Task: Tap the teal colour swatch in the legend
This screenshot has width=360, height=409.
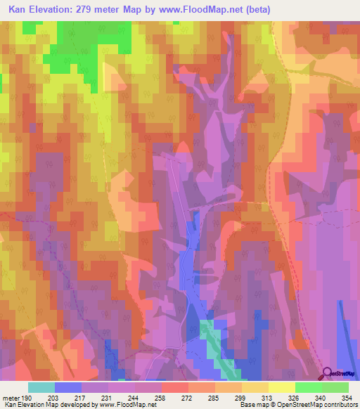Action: tap(41, 387)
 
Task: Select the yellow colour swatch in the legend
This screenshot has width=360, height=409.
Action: tap(281, 387)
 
